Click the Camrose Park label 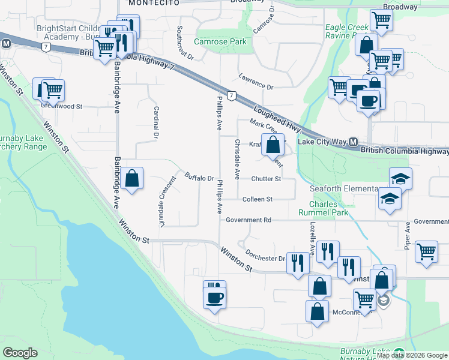pyautogui.click(x=220, y=42)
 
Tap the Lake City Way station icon pyautogui.click(x=354, y=142)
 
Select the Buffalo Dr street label pyautogui.click(x=200, y=178)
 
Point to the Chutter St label pyautogui.click(x=266, y=179)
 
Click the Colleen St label pyautogui.click(x=258, y=199)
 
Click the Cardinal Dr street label pyautogui.click(x=156, y=122)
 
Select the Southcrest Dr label pyautogui.click(x=184, y=43)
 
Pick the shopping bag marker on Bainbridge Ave pyautogui.click(x=131, y=178)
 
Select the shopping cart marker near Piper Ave pyautogui.click(x=426, y=251)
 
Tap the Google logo pyautogui.click(x=20, y=353)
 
